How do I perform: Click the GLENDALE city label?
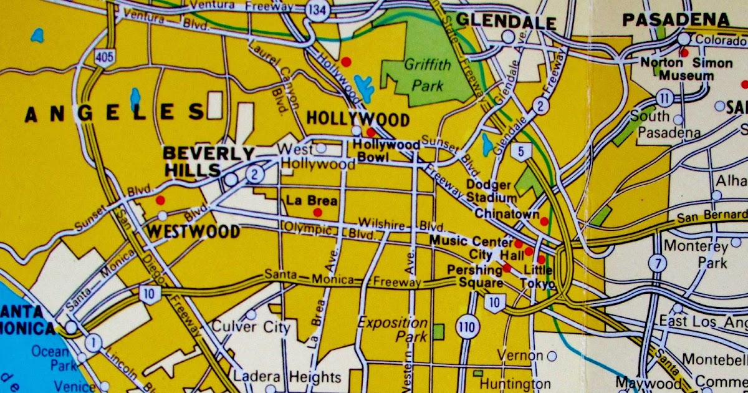[x=506, y=21]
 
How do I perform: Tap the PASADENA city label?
[x=675, y=20]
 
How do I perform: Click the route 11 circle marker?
[x=665, y=97]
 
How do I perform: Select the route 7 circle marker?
[x=656, y=263]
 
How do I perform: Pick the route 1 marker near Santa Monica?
[x=93, y=341]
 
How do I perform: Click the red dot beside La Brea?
[x=318, y=213]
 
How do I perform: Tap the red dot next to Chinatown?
[x=544, y=221]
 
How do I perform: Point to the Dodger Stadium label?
[x=492, y=192]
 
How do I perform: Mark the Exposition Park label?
[x=393, y=329]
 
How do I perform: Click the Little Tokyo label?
[x=539, y=278]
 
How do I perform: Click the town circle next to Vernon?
[x=552, y=356]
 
